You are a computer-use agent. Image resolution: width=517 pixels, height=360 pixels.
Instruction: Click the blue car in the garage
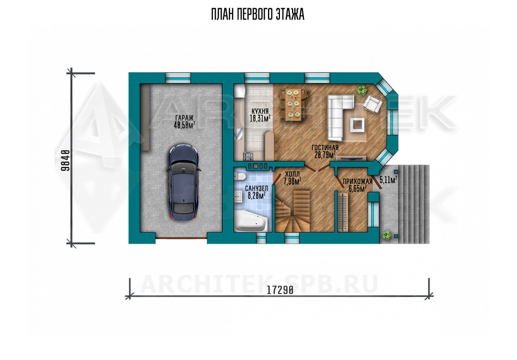[184, 183]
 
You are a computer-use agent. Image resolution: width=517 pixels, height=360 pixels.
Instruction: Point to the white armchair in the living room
[372, 103]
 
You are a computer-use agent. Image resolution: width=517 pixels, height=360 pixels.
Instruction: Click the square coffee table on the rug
[357, 125]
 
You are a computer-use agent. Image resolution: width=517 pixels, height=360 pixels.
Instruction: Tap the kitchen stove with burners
[248, 156]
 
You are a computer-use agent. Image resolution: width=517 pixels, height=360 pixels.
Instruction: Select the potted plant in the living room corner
[362, 90]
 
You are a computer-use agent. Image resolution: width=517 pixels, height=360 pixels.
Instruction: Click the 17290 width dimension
[280, 290]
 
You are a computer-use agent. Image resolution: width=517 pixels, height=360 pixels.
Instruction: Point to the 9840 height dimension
[65, 160]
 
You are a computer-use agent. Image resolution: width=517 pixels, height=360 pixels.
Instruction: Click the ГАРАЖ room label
[184, 118]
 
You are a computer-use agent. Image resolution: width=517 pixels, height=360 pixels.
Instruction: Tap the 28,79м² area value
[325, 155]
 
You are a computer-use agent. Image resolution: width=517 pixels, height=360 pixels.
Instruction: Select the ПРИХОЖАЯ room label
[357, 181]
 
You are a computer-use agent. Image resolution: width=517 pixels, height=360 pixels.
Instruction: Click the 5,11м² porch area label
[388, 180]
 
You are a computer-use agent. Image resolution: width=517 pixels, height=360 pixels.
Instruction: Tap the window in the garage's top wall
[178, 78]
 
